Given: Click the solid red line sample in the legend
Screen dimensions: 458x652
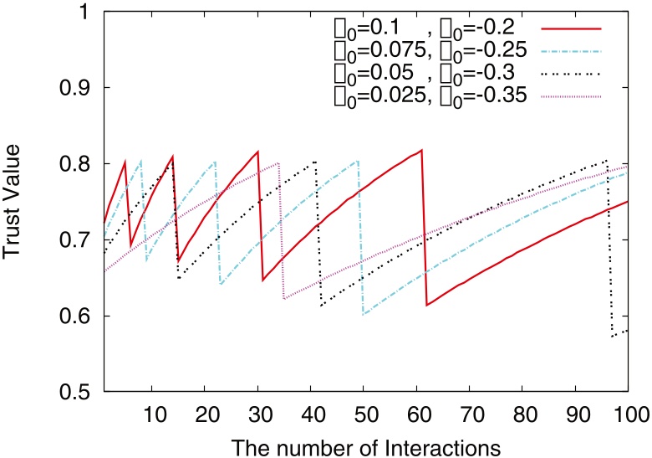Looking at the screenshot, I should coord(572,28).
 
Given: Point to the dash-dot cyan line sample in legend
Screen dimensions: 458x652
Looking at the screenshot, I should coord(572,51).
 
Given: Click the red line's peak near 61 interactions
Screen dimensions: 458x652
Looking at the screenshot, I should coord(422,150).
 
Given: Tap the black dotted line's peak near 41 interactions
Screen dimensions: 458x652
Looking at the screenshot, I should coord(315,162).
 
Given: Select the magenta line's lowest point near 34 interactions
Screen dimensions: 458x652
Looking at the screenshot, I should coord(284,298).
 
